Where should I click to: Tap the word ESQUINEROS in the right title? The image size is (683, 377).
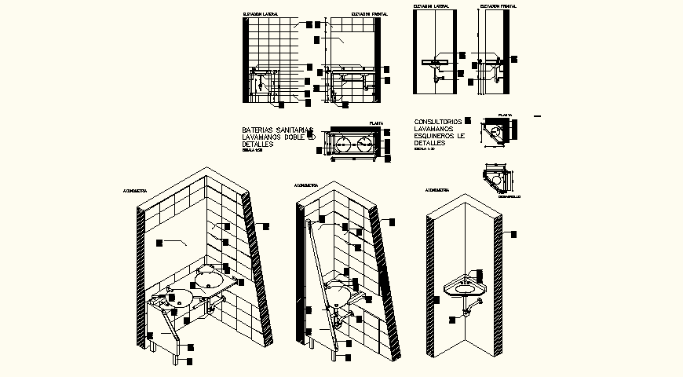tap(439, 136)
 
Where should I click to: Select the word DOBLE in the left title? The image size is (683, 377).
tap(294, 137)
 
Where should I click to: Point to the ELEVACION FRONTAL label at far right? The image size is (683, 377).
tap(499, 6)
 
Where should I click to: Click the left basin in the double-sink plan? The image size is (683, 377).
tap(345, 144)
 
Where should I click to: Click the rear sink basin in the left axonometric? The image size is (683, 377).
tap(209, 277)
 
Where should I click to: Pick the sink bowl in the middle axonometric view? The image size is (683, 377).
tap(338, 293)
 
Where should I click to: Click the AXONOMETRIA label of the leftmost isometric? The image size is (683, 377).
tap(137, 191)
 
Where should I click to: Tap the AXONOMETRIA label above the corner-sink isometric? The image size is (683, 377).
tap(437, 190)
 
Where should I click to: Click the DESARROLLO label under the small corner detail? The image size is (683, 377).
tap(510, 196)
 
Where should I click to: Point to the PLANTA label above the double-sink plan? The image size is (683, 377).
tap(375, 123)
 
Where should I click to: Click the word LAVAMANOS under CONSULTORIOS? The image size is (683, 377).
tap(432, 129)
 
